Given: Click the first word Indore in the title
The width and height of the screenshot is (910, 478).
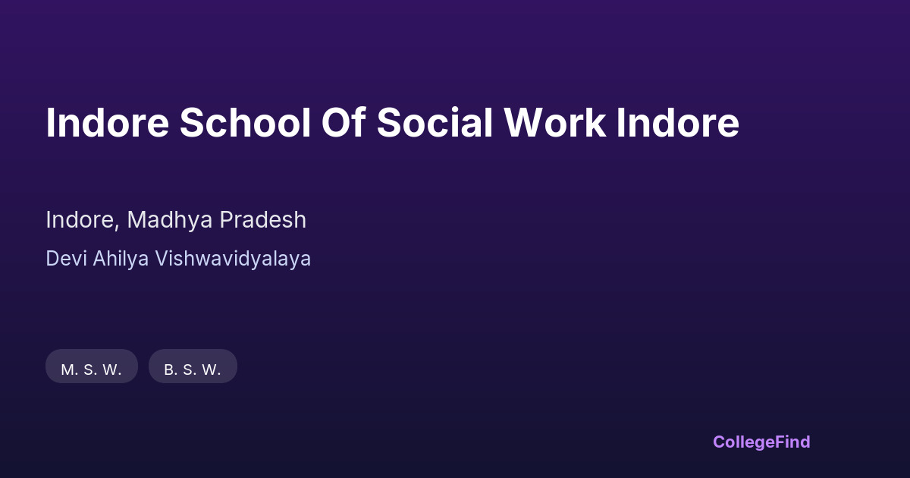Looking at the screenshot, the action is click(x=108, y=123).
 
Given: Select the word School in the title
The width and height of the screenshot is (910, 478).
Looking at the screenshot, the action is click(x=246, y=123).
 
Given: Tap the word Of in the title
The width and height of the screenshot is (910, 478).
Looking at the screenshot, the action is click(x=344, y=123).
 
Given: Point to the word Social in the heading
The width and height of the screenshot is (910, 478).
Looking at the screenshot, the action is click(x=435, y=123).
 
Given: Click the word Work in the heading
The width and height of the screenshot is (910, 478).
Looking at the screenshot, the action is click(x=555, y=123).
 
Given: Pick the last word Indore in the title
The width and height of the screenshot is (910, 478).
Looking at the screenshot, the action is click(x=678, y=123).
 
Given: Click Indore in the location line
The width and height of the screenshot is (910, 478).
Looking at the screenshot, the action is click(x=80, y=220).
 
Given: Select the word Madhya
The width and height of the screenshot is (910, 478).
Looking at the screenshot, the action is click(x=170, y=220).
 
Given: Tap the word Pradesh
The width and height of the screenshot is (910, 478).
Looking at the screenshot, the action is click(x=263, y=220).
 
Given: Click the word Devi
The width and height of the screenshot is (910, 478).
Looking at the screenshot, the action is click(x=66, y=259).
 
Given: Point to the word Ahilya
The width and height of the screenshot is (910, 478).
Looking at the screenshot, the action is click(x=121, y=259).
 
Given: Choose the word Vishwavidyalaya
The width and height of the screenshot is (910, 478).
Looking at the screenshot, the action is click(x=233, y=259).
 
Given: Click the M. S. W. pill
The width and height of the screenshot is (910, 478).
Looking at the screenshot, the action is click(x=92, y=366).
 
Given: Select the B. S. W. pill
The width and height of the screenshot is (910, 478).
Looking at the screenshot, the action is click(x=193, y=366).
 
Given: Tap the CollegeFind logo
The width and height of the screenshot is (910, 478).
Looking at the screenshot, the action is click(x=761, y=442).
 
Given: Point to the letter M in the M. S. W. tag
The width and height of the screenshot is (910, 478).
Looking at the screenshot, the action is click(x=67, y=370).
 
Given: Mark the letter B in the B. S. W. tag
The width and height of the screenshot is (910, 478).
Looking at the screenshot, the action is click(x=169, y=370).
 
